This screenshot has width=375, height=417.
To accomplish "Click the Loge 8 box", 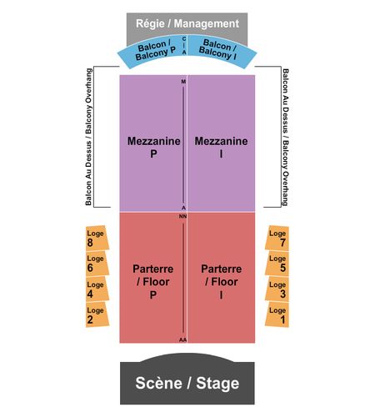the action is coord(97,238).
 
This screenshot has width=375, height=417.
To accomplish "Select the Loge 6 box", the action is coord(97,264).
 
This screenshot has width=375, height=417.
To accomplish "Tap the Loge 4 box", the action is coord(97,289).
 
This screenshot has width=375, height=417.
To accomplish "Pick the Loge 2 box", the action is coord(97,314).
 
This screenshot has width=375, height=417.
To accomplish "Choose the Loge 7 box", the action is coord(277,238).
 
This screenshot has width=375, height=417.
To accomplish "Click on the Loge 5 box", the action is coord(277,264).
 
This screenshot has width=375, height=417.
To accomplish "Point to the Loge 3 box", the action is coord(277,289).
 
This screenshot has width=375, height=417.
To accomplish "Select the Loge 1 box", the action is coord(277,314).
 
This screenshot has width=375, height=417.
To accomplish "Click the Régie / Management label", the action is coord(187,23).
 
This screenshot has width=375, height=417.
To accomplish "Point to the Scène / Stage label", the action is coord(187,383).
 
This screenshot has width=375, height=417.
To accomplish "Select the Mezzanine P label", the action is coord(153,147).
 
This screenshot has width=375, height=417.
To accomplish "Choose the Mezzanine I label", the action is coord(221,147).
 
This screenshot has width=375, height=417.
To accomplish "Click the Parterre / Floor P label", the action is coord(153,282).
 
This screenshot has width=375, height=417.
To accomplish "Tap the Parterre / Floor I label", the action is coord(222,282).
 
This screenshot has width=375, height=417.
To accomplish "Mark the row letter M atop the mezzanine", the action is coord(183,82).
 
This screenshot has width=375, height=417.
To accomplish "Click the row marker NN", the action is coord(182,216).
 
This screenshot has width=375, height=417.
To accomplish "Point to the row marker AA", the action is coord(182,339).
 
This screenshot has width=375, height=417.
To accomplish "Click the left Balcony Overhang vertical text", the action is coord(88,137).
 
